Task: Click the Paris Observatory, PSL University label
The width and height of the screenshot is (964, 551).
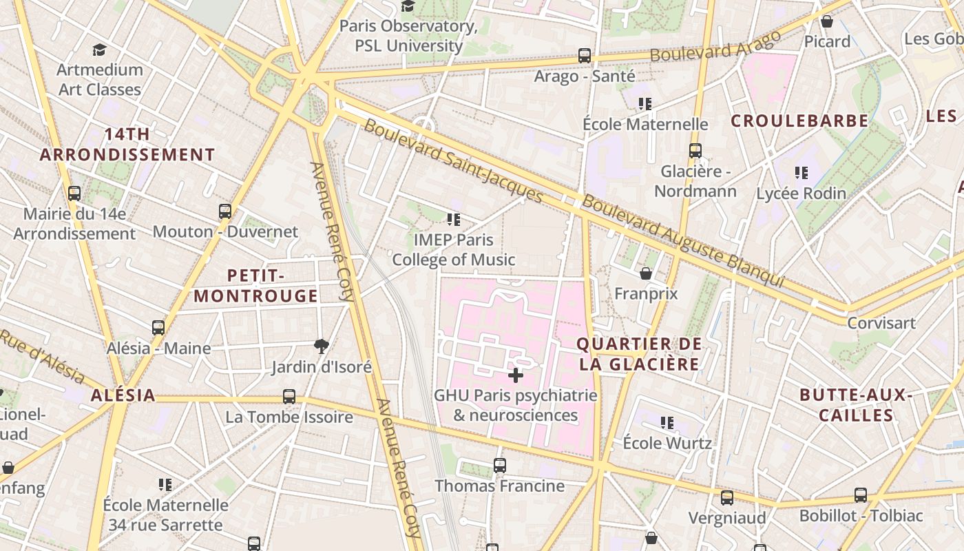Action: click(408, 36)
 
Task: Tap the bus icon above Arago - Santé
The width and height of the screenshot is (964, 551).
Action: click(585, 56)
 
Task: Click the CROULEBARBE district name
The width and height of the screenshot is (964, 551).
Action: click(799, 121)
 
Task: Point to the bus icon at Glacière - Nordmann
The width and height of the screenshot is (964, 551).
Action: click(695, 151)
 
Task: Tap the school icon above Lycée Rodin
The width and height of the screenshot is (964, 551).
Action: click(801, 172)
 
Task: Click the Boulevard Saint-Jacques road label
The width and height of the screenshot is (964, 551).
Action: click(453, 161)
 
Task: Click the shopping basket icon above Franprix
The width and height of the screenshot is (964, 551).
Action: click(646, 273)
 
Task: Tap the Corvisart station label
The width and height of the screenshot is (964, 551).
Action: click(881, 323)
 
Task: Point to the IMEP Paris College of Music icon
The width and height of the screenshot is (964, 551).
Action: click(453, 220)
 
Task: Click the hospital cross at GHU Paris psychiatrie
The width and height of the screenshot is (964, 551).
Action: click(515, 375)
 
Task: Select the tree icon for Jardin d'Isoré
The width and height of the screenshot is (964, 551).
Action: click(321, 346)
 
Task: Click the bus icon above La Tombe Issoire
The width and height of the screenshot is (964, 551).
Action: click(289, 397)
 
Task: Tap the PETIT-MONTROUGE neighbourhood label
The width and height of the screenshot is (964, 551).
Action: click(255, 286)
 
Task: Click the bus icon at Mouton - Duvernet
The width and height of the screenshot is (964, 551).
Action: click(225, 211)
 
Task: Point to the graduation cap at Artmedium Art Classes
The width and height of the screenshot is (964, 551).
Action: click(100, 50)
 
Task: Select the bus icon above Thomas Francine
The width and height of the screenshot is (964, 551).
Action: click(500, 466)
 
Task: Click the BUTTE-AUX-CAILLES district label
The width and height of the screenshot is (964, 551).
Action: click(856, 405)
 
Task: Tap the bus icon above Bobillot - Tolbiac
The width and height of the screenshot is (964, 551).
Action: click(861, 495)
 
